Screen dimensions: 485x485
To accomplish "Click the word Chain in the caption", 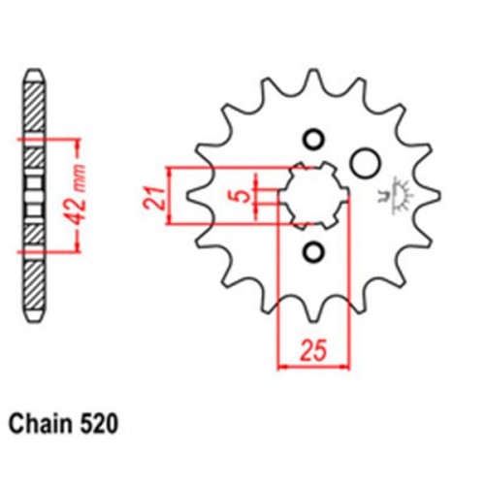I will pos(36,423).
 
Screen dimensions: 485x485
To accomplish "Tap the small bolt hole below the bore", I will pos(313,253).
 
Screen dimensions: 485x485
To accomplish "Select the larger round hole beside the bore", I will pos(364,160).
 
